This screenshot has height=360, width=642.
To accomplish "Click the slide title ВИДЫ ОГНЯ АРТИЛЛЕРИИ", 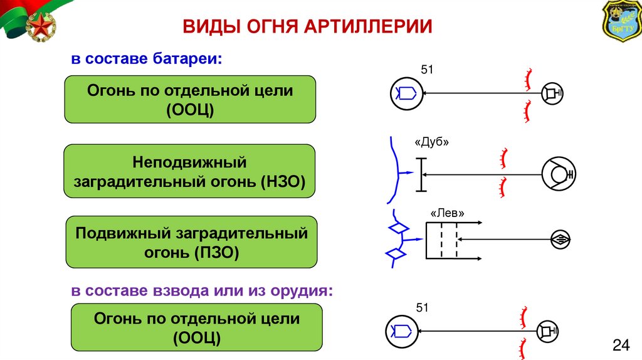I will tap(307, 27).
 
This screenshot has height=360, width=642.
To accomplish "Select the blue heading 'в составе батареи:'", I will tap(146, 60).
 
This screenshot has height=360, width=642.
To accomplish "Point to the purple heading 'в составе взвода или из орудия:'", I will tap(201, 291).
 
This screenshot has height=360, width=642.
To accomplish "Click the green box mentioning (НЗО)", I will tap(190, 172).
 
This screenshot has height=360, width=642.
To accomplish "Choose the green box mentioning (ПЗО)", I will tap(192, 242).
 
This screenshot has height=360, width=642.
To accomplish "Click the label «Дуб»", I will tap(432, 142).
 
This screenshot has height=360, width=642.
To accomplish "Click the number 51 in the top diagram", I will tap(426, 70).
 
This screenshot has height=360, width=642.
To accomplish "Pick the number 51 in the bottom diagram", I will tap(422, 307).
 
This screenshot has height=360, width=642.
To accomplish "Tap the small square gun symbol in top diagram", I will tap(552, 94).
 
